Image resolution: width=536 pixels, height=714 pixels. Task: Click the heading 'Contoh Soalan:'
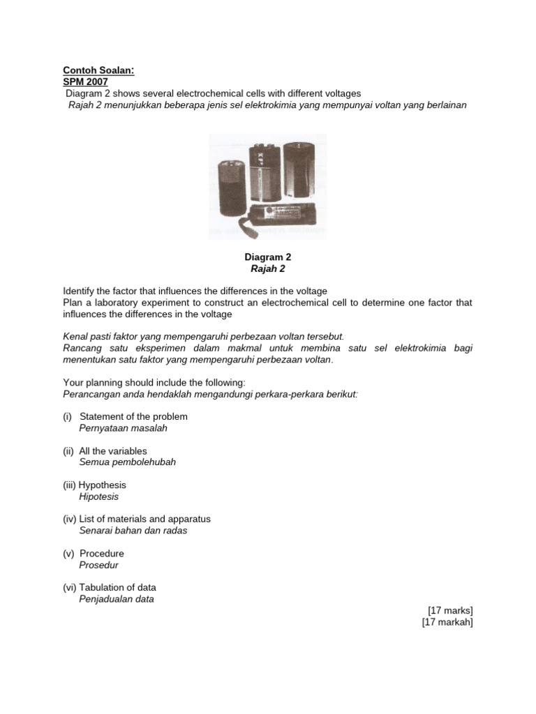(x=94, y=70)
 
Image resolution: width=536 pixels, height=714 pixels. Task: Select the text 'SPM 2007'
(x=83, y=82)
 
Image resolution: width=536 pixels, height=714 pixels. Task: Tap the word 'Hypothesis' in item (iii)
(x=103, y=485)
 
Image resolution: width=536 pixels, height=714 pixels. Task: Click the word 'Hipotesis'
(x=99, y=496)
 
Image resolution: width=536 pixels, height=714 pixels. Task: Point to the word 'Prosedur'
(x=98, y=565)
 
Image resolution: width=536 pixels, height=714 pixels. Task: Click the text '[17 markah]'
(x=447, y=622)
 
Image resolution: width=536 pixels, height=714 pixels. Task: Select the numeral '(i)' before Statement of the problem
(x=68, y=416)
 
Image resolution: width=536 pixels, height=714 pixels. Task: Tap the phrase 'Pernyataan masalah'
(x=123, y=428)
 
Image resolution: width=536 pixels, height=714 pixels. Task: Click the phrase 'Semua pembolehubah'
(x=127, y=462)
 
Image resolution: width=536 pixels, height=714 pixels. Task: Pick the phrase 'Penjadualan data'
(x=117, y=599)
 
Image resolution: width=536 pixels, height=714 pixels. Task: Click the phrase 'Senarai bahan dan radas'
(x=133, y=531)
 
